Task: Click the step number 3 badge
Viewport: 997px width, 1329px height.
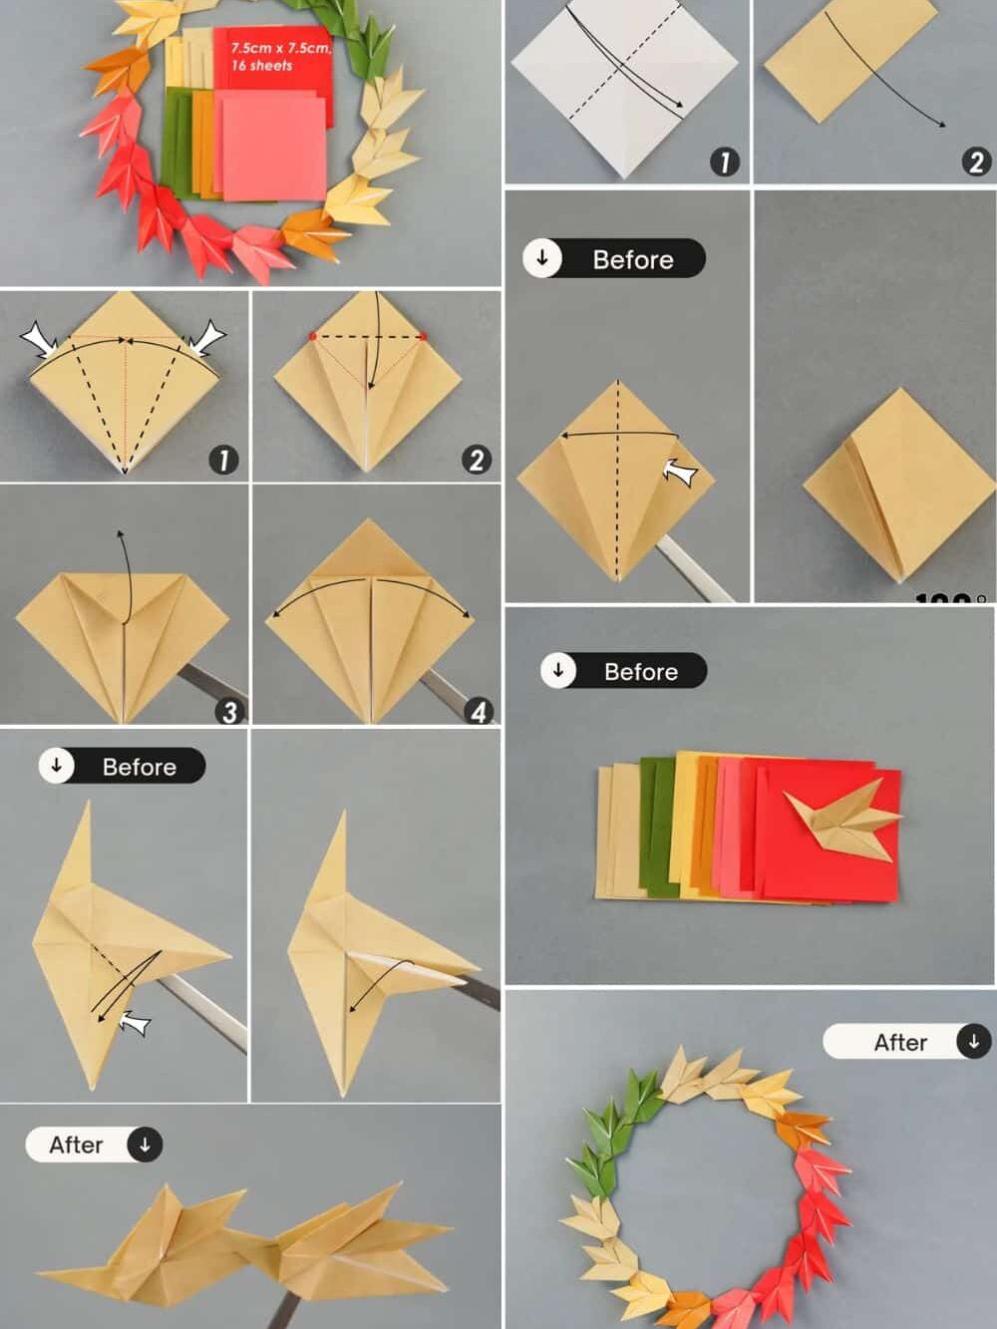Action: [x=230, y=711]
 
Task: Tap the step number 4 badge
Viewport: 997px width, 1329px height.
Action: [x=480, y=711]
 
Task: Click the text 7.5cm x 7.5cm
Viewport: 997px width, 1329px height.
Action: [x=279, y=48]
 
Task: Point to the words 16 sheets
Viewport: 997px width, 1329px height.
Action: [x=261, y=66]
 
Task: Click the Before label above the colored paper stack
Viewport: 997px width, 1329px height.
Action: [x=624, y=671]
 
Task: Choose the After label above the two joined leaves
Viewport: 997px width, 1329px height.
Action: [x=93, y=1145]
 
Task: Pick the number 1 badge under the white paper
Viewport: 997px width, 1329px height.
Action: [x=725, y=162]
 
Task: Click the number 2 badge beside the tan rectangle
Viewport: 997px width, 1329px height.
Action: [x=976, y=162]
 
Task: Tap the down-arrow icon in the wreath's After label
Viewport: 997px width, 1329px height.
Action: [x=973, y=1041]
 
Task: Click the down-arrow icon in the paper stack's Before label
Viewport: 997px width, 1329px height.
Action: [x=558, y=670]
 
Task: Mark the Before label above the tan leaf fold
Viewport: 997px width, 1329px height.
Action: [x=122, y=766]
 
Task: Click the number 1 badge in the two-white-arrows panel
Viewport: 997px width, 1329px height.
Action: [x=223, y=460]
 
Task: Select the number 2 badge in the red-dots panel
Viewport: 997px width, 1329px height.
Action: [x=476, y=460]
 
